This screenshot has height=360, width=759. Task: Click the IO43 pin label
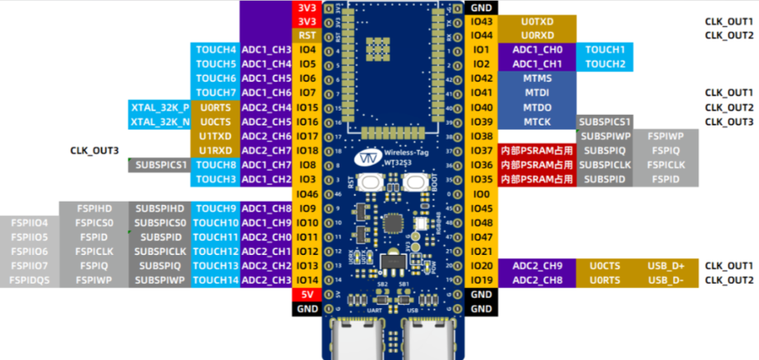click(x=482, y=21)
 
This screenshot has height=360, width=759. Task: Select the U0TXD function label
click(x=537, y=21)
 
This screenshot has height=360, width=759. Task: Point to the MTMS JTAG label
click(x=537, y=78)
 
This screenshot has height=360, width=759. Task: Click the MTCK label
click(x=537, y=121)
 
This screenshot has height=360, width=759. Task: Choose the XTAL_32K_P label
click(x=159, y=107)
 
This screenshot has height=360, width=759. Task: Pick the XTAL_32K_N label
click(x=159, y=121)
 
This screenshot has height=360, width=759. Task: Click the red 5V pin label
click(x=307, y=294)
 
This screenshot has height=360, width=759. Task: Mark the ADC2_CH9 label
click(x=537, y=266)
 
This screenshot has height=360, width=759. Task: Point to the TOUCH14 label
click(x=216, y=280)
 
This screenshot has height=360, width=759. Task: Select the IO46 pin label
click(x=307, y=194)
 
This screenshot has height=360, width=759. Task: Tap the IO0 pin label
click(x=482, y=194)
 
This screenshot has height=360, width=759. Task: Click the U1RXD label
click(x=216, y=151)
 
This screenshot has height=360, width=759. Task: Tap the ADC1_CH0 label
click(x=537, y=50)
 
